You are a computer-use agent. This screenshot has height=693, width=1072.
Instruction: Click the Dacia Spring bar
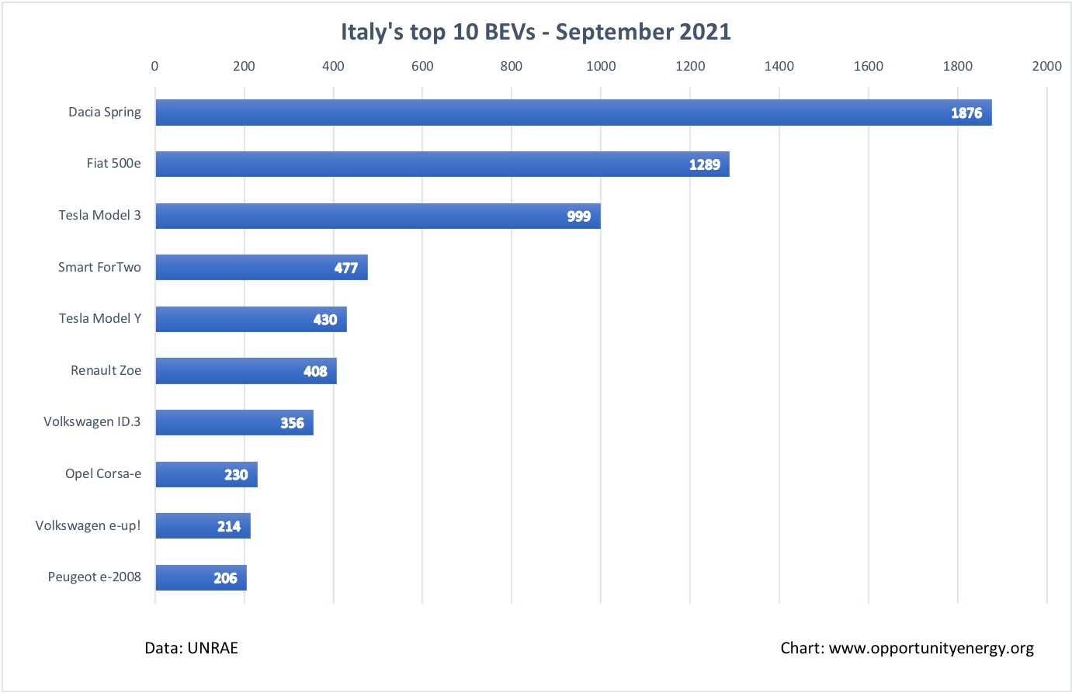point(573,113)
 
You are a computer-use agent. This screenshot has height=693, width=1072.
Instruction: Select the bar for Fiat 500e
point(442,164)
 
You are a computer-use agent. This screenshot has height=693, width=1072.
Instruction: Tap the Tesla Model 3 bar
point(377,216)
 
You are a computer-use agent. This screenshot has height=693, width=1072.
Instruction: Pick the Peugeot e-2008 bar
point(200,577)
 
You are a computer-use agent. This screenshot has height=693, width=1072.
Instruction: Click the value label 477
point(346,268)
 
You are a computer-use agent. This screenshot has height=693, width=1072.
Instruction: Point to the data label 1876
point(966,113)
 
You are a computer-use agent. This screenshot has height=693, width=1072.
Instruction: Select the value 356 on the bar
point(292,423)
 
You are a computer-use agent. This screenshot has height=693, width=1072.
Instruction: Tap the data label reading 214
point(229,526)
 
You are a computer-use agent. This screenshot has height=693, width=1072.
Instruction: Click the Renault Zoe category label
point(106,370)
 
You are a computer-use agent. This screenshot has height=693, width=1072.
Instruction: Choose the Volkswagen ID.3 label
point(92,421)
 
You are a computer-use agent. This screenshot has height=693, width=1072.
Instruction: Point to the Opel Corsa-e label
point(103,473)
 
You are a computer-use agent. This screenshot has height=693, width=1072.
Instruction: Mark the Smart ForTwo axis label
point(99,267)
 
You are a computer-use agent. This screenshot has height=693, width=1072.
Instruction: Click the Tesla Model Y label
point(100,318)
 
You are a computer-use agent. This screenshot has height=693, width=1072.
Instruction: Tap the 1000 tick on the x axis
point(601,66)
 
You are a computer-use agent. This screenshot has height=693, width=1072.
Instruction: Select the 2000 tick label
point(1046,66)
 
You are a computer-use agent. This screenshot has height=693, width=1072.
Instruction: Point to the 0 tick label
point(154,66)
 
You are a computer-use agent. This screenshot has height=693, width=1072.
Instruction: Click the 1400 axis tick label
point(779,66)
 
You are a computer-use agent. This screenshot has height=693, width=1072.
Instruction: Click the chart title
point(536,32)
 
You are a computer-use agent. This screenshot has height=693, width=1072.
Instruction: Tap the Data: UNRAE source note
point(191,648)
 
